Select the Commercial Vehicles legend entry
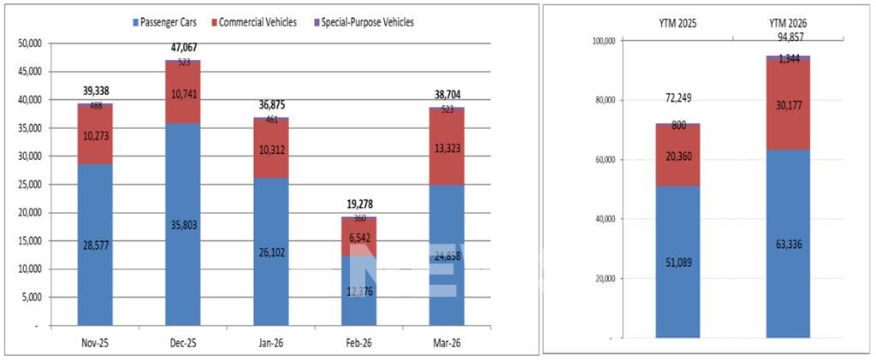click(x=257, y=22)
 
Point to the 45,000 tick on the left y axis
click(x=33, y=72)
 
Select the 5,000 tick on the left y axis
click(x=35, y=298)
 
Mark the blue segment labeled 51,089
click(x=678, y=262)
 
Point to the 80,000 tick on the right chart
click(x=608, y=100)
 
